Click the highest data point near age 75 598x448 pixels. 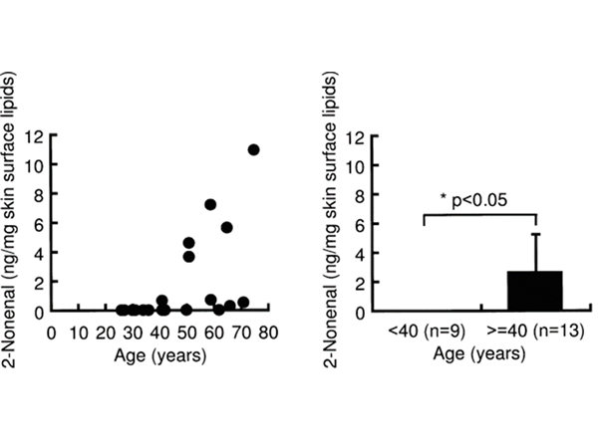tap(254, 149)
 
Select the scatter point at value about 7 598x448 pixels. tap(210, 204)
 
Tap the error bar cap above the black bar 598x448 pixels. tap(535, 234)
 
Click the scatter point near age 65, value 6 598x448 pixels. tap(227, 227)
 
